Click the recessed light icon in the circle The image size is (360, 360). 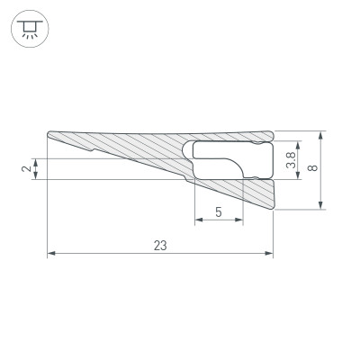point(28,29)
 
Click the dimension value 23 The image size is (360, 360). point(159,244)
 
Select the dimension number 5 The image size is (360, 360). point(219,212)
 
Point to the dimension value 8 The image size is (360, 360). point(311,169)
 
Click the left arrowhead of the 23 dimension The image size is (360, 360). point(51,254)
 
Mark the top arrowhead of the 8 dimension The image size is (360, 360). point(321,134)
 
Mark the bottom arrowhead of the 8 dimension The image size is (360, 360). point(321,206)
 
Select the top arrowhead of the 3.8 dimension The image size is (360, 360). point(297,143)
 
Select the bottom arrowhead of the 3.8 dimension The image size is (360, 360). point(297,173)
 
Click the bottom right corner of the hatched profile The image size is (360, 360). point(273,209)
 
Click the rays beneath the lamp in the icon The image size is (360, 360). point(28,36)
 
